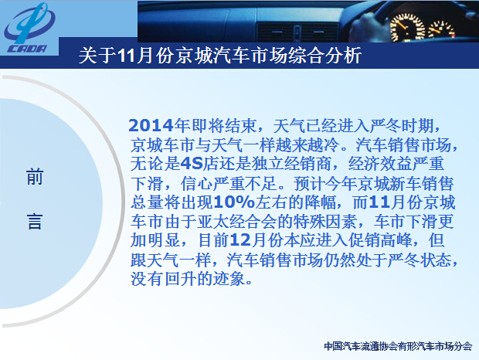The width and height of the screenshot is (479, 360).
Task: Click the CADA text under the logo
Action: tap(27, 49)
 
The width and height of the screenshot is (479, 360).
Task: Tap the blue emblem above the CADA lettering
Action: tap(30, 23)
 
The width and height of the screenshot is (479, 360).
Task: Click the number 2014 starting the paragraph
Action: tap(151, 125)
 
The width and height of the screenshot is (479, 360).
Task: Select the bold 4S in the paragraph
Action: tap(192, 164)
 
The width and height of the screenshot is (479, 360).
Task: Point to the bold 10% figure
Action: tap(234, 202)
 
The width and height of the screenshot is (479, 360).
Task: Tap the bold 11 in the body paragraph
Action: tap(379, 202)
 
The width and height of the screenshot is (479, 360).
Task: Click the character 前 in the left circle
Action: tap(35, 176)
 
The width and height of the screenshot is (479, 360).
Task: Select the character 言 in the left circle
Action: tap(35, 222)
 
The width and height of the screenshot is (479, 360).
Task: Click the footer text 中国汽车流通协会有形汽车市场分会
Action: tap(398, 346)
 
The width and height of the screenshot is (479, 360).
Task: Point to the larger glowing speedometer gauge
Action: tap(407, 28)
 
